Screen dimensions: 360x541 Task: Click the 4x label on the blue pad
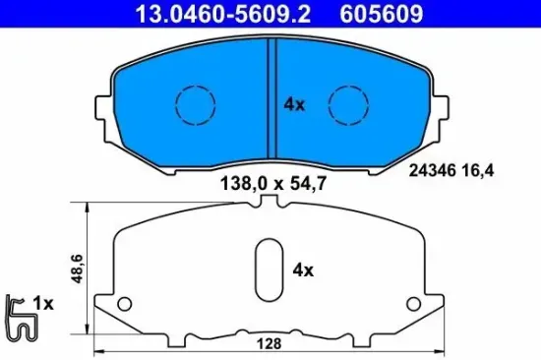pyautogui.click(x=293, y=102)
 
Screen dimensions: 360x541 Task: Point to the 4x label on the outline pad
pyautogui.click(x=302, y=269)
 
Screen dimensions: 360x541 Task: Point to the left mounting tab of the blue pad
pyautogui.click(x=101, y=109)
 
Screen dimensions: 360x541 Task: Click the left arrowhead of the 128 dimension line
pyautogui.click(x=96, y=351)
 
